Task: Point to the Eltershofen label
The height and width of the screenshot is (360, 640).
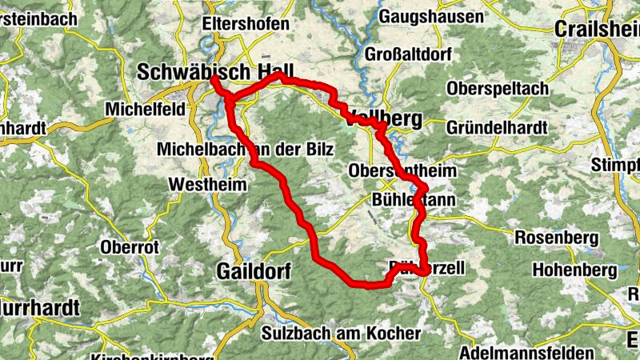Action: coord(246,24)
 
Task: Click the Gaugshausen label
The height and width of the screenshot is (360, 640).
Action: coord(431,17)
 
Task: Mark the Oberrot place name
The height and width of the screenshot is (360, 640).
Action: coord(130,247)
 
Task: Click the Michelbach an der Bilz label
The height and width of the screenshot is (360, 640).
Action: coord(245,149)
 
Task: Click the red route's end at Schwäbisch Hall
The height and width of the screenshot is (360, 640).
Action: coord(214,79)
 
